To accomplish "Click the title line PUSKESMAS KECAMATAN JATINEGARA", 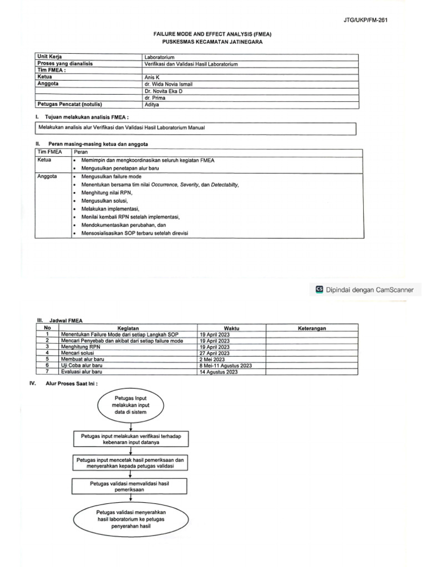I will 213,42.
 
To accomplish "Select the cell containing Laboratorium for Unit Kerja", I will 160,57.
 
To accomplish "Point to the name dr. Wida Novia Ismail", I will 170,84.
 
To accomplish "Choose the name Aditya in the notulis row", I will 152,104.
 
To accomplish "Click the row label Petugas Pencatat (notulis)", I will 70,104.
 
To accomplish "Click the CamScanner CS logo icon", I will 319,289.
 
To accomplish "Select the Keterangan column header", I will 312,328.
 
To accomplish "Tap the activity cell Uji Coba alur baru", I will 83,365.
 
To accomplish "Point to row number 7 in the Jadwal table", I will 48,372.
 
